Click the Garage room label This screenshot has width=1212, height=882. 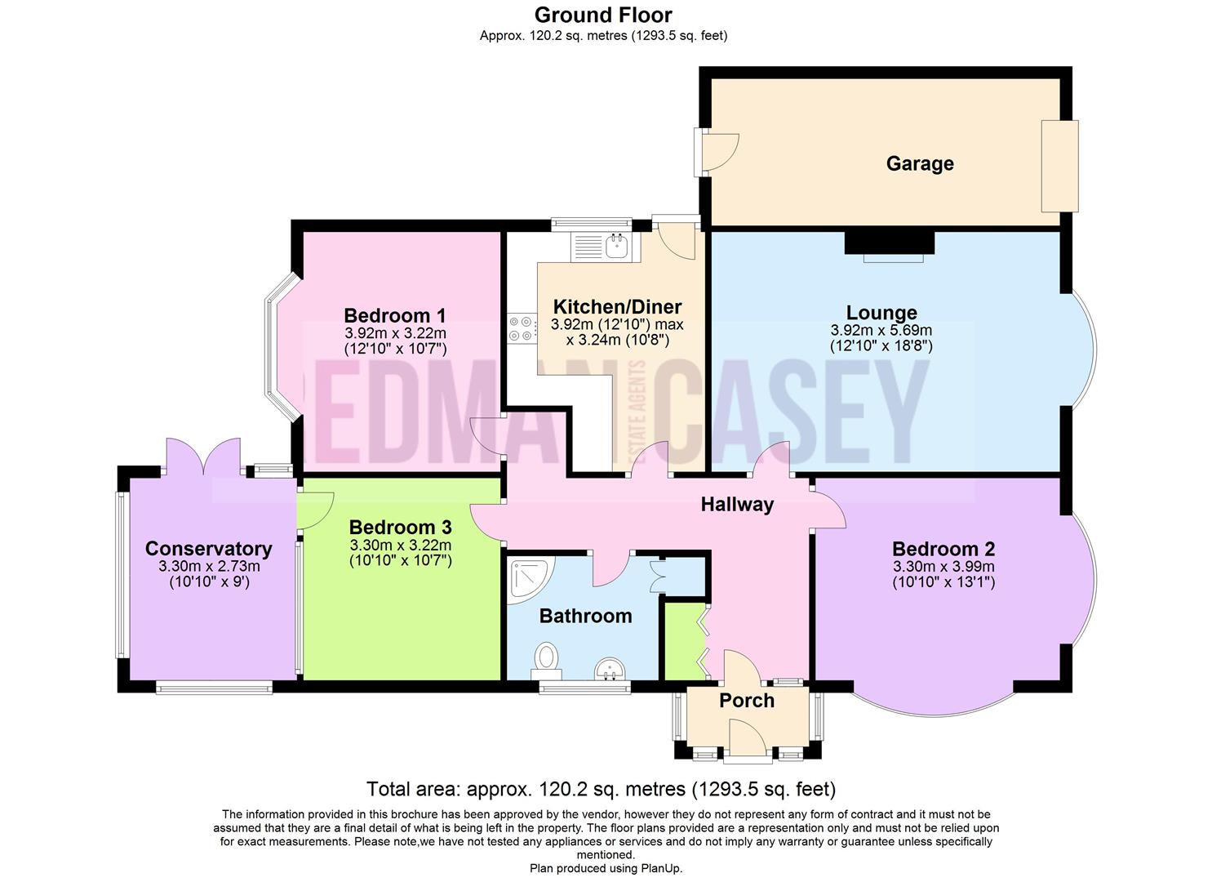920,163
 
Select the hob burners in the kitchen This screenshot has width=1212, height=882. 521,328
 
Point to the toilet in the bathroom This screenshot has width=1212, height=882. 548,658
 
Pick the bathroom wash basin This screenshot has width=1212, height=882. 609,670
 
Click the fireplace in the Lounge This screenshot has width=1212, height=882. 889,243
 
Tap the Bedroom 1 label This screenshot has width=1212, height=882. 395,315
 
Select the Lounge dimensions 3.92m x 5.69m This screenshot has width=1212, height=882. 881,331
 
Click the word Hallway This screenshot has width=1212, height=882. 737,505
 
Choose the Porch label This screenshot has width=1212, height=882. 746,701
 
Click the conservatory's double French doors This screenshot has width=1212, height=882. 203,457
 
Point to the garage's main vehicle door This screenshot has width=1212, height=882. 1059,166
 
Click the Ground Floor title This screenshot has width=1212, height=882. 603,15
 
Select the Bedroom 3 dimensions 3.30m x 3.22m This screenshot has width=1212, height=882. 400,546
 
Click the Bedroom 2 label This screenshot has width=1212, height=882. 943,549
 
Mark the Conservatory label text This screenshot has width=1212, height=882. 208,549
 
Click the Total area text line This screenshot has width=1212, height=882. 601,789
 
